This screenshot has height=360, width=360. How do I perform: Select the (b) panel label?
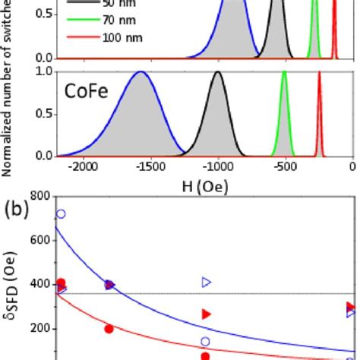point(13,207)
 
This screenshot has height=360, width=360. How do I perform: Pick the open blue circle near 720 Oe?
point(61,214)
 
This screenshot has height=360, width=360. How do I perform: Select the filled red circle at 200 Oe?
point(109,329)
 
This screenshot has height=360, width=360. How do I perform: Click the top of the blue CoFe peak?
point(140,72)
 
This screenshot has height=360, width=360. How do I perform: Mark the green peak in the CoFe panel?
point(283,73)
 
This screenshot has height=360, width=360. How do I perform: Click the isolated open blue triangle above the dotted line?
point(206,283)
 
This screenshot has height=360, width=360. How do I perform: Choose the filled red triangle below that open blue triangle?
point(206,314)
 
